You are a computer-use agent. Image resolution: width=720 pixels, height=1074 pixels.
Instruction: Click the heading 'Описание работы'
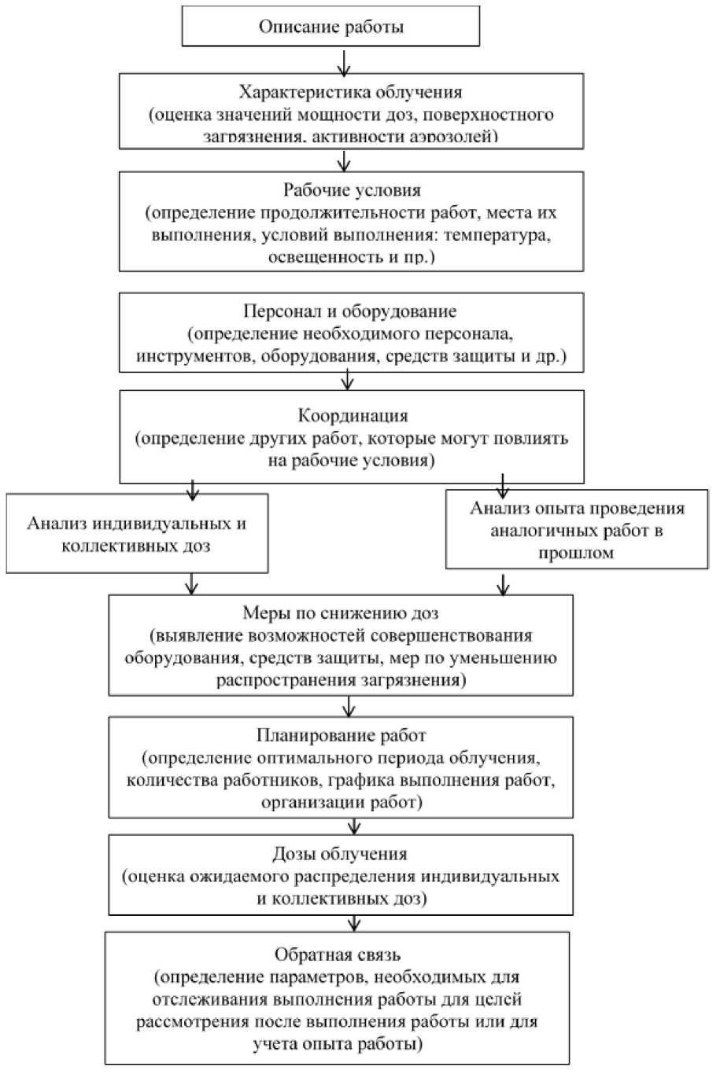pyautogui.click(x=331, y=28)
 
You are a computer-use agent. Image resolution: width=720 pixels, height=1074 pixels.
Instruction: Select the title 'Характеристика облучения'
pyautogui.click(x=351, y=91)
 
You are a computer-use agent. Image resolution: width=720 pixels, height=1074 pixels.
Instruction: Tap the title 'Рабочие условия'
pyautogui.click(x=352, y=190)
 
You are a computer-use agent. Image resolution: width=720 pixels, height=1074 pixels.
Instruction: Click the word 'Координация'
pyautogui.click(x=352, y=416)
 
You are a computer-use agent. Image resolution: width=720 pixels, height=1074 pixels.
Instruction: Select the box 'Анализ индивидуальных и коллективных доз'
pyautogui.click(x=136, y=534)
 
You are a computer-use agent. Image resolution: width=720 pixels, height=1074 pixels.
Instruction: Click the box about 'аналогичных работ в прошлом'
pyautogui.click(x=577, y=530)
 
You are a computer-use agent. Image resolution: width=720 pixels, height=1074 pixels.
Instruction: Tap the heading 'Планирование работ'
pyautogui.click(x=341, y=737)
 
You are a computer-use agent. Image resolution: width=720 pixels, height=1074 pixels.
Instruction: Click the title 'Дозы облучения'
pyautogui.click(x=340, y=854)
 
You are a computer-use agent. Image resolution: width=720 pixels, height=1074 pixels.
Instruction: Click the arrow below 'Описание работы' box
pyautogui.click(x=342, y=61)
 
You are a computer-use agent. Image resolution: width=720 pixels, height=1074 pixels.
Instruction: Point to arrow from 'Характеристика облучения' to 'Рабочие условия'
pyautogui.click(x=342, y=160)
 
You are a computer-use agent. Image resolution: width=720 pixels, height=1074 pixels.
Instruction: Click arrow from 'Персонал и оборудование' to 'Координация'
pyautogui.click(x=348, y=381)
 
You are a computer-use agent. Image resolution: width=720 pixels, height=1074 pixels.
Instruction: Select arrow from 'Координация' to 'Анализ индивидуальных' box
pyautogui.click(x=191, y=488)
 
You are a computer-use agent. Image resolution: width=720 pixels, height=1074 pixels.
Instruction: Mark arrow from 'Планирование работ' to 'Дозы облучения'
pyautogui.click(x=354, y=826)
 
